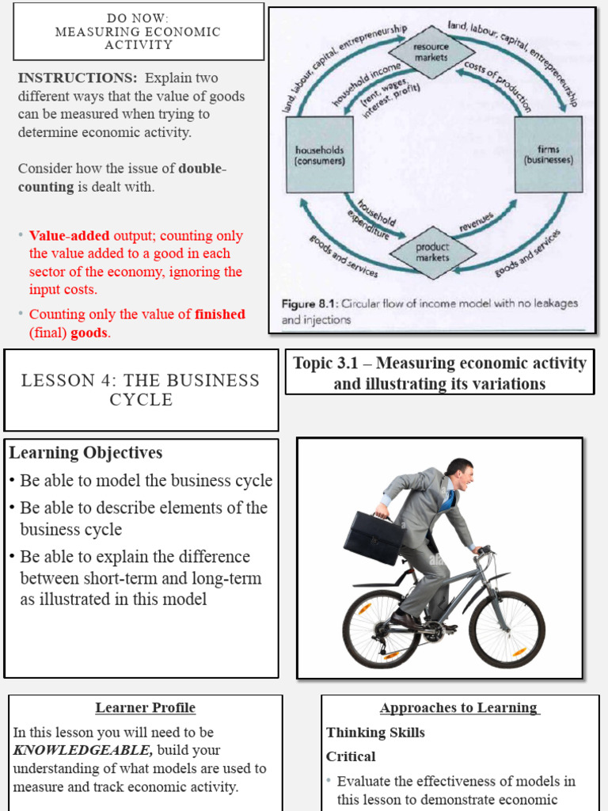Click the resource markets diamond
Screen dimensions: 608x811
[431, 52]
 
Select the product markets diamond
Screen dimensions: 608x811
[432, 252]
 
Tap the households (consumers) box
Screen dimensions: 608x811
[320, 154]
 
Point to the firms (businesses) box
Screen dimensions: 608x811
[548, 154]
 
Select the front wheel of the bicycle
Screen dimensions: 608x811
[507, 628]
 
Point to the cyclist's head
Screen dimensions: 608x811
[460, 475]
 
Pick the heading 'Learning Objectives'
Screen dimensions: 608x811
[85, 453]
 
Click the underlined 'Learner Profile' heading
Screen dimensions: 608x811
[145, 708]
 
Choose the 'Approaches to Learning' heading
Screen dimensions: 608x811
[459, 708]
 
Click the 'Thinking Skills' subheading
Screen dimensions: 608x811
[375, 733]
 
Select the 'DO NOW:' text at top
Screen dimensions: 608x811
[138, 17]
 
